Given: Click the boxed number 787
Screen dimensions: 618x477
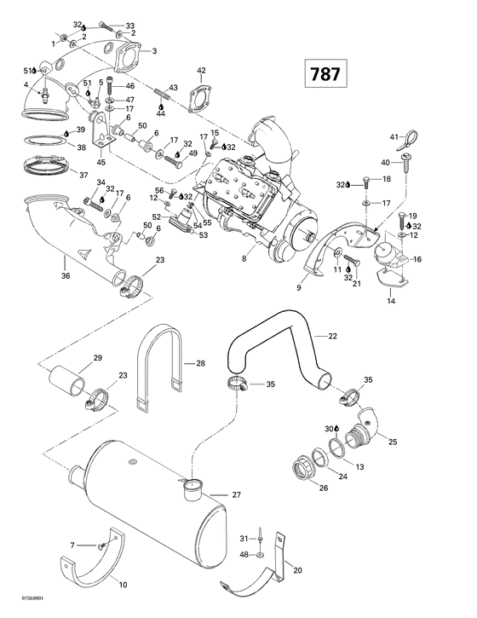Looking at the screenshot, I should point(324,74).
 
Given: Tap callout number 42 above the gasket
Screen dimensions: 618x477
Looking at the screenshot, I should point(202,70).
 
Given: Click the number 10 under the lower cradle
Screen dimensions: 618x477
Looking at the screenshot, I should point(123,585).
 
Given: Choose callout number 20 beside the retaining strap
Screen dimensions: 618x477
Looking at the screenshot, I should point(297,570).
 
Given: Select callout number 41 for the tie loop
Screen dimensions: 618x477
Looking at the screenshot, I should point(394,136).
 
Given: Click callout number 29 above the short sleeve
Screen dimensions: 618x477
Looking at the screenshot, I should point(98,357).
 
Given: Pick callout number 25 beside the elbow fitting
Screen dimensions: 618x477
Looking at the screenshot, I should point(393,442).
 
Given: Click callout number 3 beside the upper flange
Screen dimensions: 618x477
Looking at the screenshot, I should point(154,52).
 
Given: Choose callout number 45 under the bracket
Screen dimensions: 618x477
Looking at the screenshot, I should point(101,163).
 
